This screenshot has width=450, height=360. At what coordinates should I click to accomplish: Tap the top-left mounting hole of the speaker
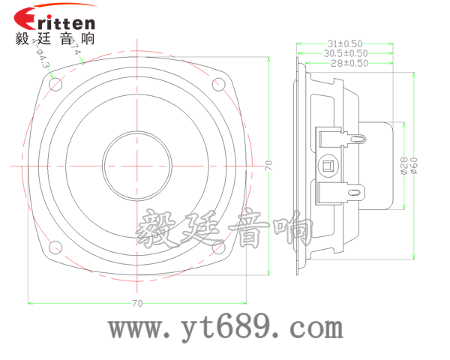[55, 85]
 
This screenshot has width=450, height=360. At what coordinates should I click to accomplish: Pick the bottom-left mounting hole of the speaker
[55, 247]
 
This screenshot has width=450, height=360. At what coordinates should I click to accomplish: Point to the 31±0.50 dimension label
[344, 43]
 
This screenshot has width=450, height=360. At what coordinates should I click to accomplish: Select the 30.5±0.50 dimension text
[345, 53]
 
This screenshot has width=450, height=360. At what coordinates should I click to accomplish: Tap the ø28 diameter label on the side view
[403, 166]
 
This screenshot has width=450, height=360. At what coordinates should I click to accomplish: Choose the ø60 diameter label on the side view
[413, 166]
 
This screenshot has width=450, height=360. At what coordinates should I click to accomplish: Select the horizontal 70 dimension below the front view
[136, 303]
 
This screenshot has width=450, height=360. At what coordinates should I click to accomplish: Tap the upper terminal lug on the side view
[357, 138]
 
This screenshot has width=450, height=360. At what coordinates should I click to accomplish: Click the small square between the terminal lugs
[328, 165]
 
